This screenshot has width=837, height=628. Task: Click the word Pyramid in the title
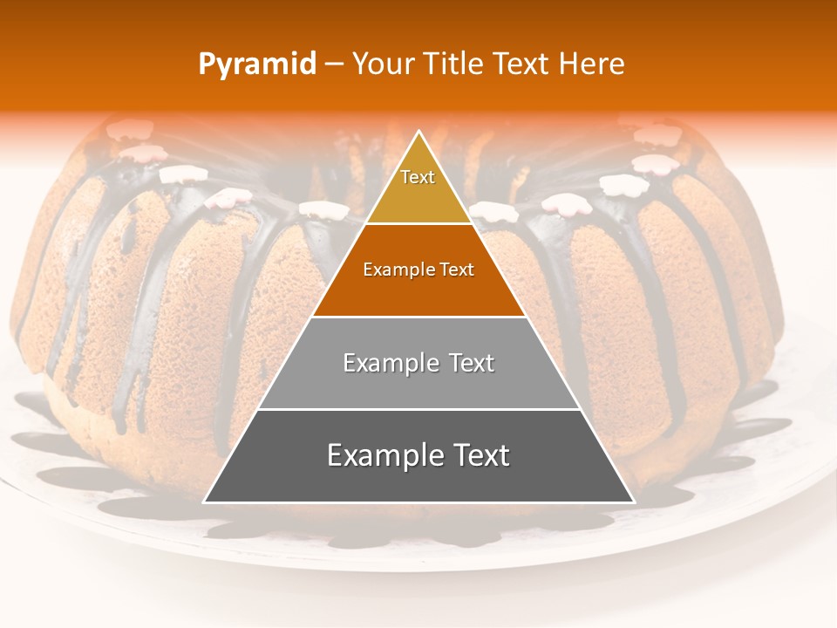[x=257, y=65]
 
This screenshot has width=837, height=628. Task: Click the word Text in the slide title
[x=522, y=65]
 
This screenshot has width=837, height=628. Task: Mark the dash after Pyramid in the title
[x=334, y=65]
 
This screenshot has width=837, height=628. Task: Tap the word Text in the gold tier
[x=418, y=177]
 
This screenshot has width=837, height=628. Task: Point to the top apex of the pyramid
[x=418, y=133]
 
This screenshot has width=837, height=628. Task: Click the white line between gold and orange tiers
[x=418, y=224]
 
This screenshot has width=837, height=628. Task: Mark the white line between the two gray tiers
[x=418, y=409]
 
